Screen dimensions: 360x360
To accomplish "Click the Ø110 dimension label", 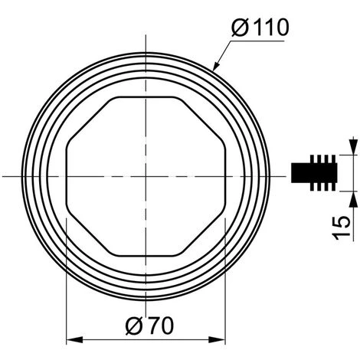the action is pyautogui.click(x=260, y=28).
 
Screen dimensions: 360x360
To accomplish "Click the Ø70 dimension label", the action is pyautogui.click(x=149, y=326).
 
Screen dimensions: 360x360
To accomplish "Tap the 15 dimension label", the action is pyautogui.click(x=342, y=227).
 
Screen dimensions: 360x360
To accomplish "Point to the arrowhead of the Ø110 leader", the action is pyautogui.click(x=215, y=66).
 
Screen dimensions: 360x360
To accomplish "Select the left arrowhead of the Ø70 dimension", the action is pyautogui.click(x=74, y=340).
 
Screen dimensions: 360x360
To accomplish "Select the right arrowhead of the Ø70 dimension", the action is pyautogui.click(x=217, y=340).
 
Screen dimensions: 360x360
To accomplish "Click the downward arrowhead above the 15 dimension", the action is pyautogui.click(x=353, y=146).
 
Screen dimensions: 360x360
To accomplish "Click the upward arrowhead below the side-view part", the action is pyautogui.click(x=353, y=199).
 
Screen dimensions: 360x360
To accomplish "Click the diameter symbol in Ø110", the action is pyautogui.click(x=240, y=28).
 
